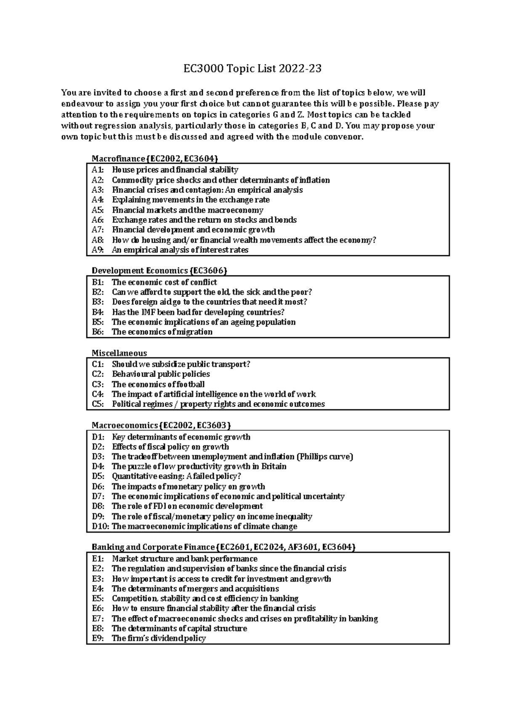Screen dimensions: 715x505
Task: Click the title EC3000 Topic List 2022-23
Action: [252, 69]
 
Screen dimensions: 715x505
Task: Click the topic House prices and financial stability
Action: [175, 170]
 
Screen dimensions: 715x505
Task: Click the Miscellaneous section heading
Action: [119, 353]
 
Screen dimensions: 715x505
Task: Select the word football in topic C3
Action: [189, 384]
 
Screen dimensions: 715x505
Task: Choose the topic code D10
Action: [100, 527]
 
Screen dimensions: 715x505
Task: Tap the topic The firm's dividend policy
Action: [159, 639]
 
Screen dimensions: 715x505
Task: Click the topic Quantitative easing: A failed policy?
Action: [176, 477]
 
